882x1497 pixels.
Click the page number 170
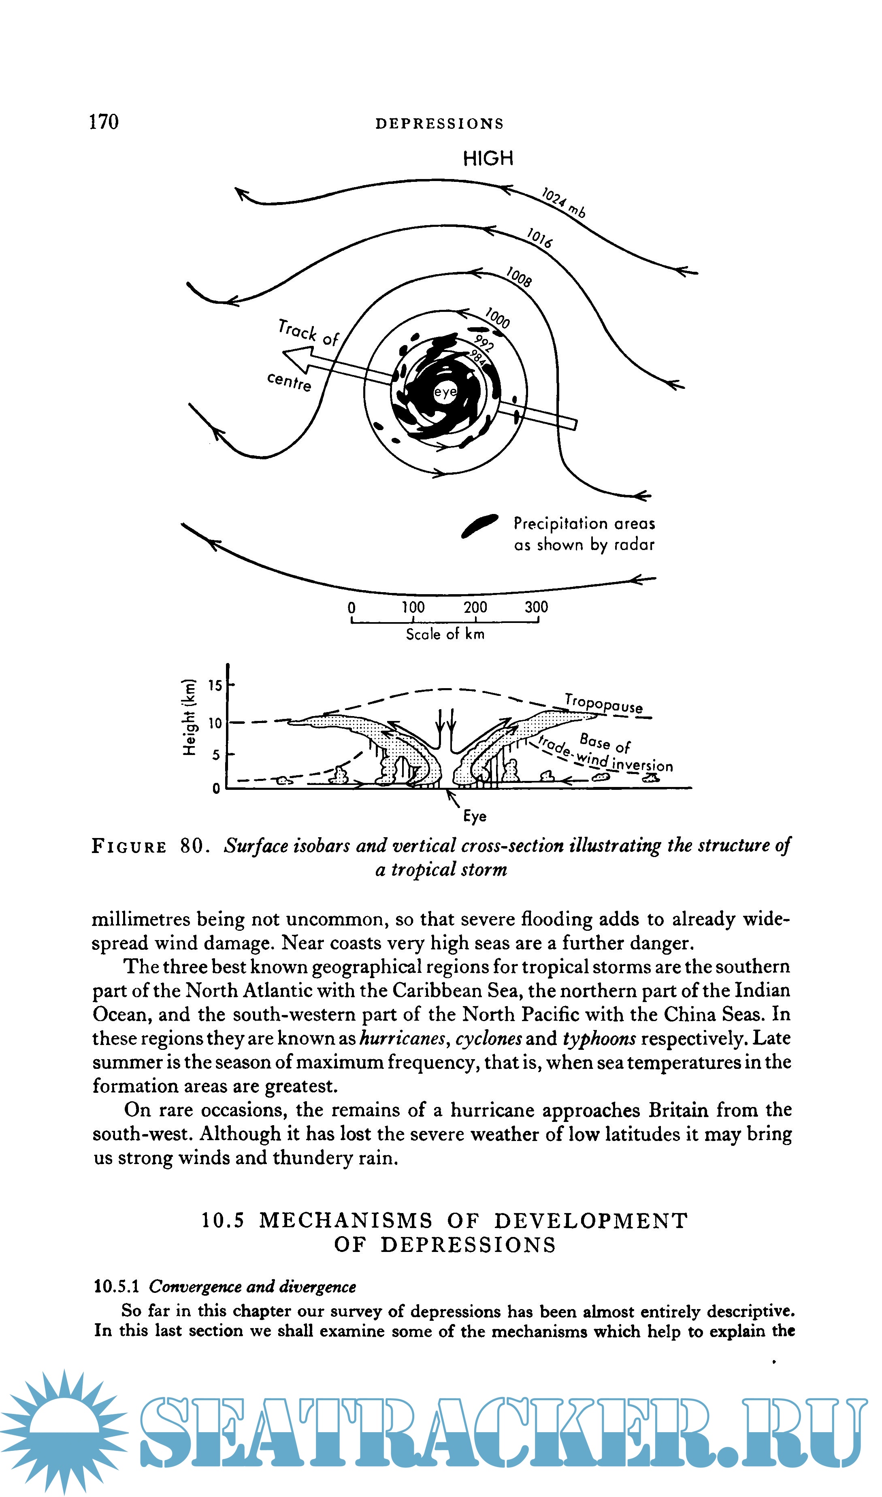click(x=104, y=122)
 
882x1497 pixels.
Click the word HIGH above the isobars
click(x=488, y=159)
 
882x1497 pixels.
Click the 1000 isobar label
click(x=497, y=318)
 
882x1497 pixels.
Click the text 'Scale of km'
click(x=445, y=635)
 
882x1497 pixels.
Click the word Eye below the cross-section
click(x=475, y=817)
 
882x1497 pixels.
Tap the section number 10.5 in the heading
click(x=223, y=1221)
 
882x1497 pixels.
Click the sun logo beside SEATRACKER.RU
click(x=64, y=1433)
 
